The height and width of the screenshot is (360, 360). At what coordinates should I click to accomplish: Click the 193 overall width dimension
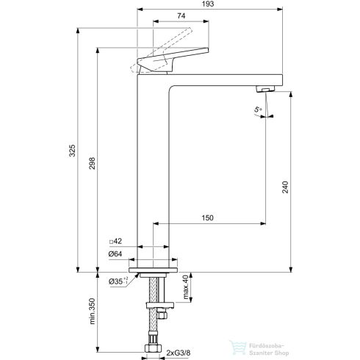211,6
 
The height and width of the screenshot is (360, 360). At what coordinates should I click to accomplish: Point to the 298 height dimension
91,165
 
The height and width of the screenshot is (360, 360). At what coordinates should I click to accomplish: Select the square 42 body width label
115,242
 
